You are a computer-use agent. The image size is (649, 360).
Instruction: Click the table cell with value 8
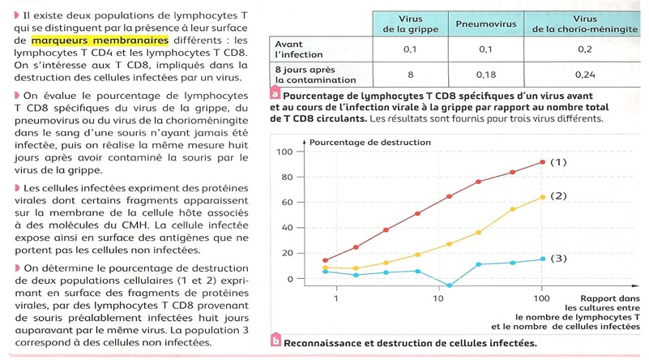411,75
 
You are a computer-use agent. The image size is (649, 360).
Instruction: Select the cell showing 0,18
485,75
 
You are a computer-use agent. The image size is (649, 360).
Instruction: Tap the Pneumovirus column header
485,24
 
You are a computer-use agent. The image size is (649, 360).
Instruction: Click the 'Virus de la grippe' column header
411,24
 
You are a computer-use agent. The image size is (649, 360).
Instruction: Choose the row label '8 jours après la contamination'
304,75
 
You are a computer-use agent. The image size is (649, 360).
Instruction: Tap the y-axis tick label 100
284,152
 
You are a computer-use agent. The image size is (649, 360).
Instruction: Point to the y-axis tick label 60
286,203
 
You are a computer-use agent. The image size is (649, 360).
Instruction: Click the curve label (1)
558,162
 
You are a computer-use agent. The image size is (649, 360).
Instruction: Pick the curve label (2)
558,196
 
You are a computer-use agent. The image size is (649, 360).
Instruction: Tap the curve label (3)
558,259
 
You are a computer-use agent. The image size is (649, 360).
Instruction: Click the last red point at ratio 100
542,162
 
